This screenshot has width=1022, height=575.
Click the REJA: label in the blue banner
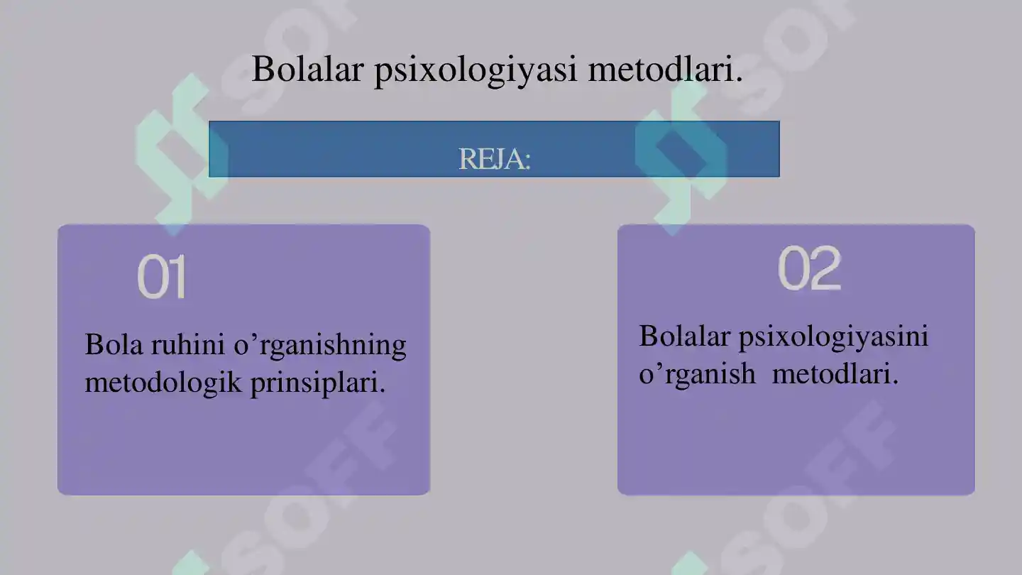(495, 159)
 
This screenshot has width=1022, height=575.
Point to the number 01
(162, 277)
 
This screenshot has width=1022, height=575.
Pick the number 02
(809, 268)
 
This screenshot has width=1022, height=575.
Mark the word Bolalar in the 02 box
(684, 336)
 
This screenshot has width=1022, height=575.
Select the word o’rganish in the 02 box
(697, 374)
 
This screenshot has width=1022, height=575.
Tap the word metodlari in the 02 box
(835, 373)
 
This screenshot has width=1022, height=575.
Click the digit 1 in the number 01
(176, 277)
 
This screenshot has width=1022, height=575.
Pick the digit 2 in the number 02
(825, 268)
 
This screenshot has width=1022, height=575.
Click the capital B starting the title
(263, 70)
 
